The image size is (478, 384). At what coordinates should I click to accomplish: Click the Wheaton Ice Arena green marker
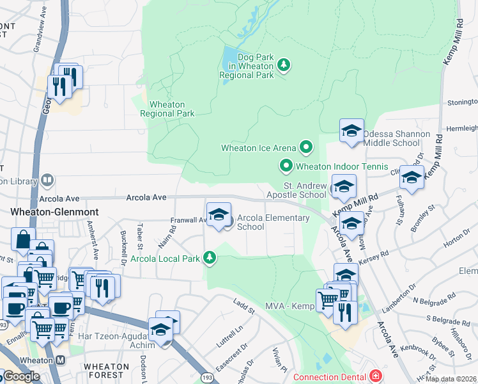tap(306, 148)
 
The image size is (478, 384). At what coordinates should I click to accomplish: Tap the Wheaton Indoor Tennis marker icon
tap(286, 166)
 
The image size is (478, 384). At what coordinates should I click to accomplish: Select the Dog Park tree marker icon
tap(284, 65)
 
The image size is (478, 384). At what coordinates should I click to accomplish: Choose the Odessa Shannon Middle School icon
tap(351, 131)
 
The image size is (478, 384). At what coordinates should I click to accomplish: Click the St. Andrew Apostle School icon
tap(343, 186)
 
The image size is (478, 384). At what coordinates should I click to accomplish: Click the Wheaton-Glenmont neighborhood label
tap(43, 211)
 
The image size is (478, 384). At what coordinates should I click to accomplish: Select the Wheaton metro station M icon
tap(60, 360)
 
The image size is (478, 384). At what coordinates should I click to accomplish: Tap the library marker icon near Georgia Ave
tap(47, 181)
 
